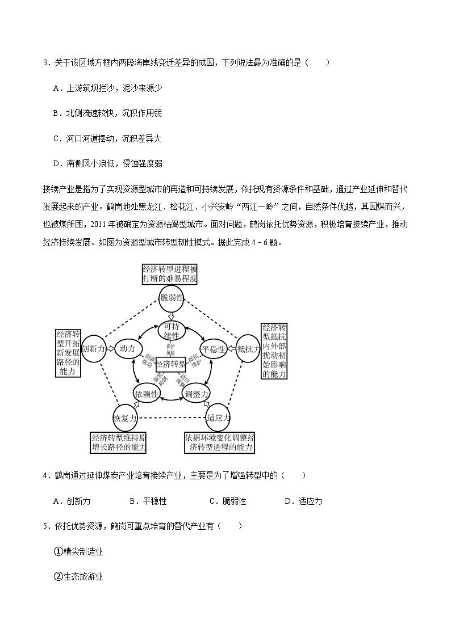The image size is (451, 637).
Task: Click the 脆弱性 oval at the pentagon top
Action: coord(171,298)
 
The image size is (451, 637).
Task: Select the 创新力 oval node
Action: coord(93,349)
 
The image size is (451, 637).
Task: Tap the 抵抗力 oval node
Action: coord(248,349)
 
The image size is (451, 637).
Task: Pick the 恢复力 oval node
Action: coord(125,418)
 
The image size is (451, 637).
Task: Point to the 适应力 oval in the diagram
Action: coord(218,417)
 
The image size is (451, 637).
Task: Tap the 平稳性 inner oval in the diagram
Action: coord(214,349)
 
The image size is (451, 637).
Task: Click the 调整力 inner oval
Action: coord(197,394)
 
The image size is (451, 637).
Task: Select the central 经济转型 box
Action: coord(170,364)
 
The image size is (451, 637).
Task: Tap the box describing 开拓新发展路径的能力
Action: coord(68,352)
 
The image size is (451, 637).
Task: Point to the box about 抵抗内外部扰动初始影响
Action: coord(274,351)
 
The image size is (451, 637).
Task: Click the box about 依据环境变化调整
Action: coord(219,443)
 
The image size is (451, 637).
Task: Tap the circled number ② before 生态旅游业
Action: coord(58,576)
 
